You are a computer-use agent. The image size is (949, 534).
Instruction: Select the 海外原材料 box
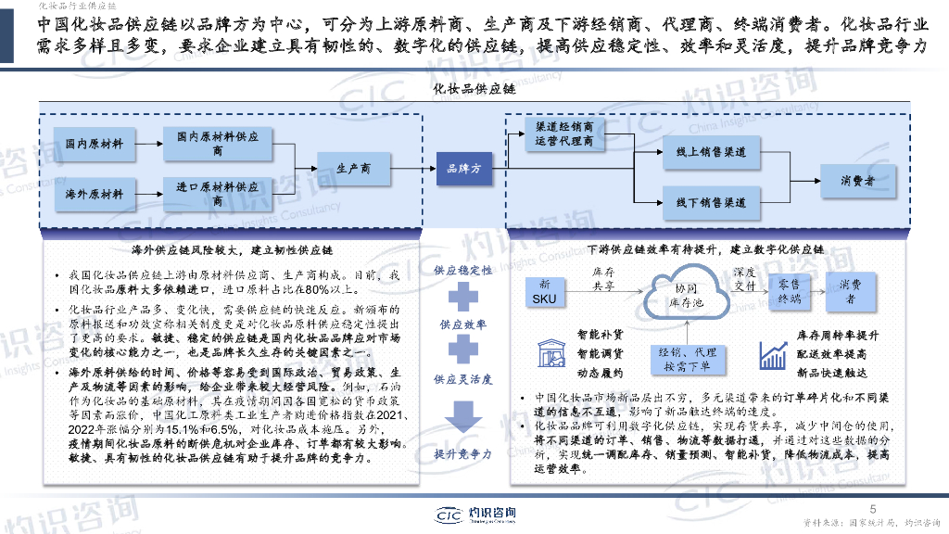(x=95, y=195)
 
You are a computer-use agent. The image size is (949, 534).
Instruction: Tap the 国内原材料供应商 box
(x=218, y=144)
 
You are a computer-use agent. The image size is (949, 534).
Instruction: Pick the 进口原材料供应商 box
(x=218, y=194)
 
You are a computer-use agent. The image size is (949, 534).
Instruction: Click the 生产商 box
(x=354, y=169)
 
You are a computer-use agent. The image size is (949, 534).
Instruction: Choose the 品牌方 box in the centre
(x=464, y=169)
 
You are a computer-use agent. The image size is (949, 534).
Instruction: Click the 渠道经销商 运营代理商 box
(x=564, y=133)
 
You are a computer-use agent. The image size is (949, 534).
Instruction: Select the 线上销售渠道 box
(x=711, y=152)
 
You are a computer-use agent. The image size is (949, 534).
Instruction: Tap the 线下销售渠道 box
(x=711, y=201)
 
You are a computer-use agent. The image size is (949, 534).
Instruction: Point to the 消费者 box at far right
(x=857, y=181)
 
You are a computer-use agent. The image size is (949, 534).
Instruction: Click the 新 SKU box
(x=544, y=291)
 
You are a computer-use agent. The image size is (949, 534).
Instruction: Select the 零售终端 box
(x=789, y=290)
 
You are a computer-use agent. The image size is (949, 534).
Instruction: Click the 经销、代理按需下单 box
(x=688, y=359)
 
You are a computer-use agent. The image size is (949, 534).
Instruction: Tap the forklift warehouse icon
(x=549, y=353)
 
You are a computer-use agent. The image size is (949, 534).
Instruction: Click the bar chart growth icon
(x=772, y=354)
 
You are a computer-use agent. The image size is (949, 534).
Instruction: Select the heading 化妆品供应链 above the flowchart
(x=474, y=89)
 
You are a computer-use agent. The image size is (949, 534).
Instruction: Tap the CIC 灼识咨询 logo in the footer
(x=474, y=515)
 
